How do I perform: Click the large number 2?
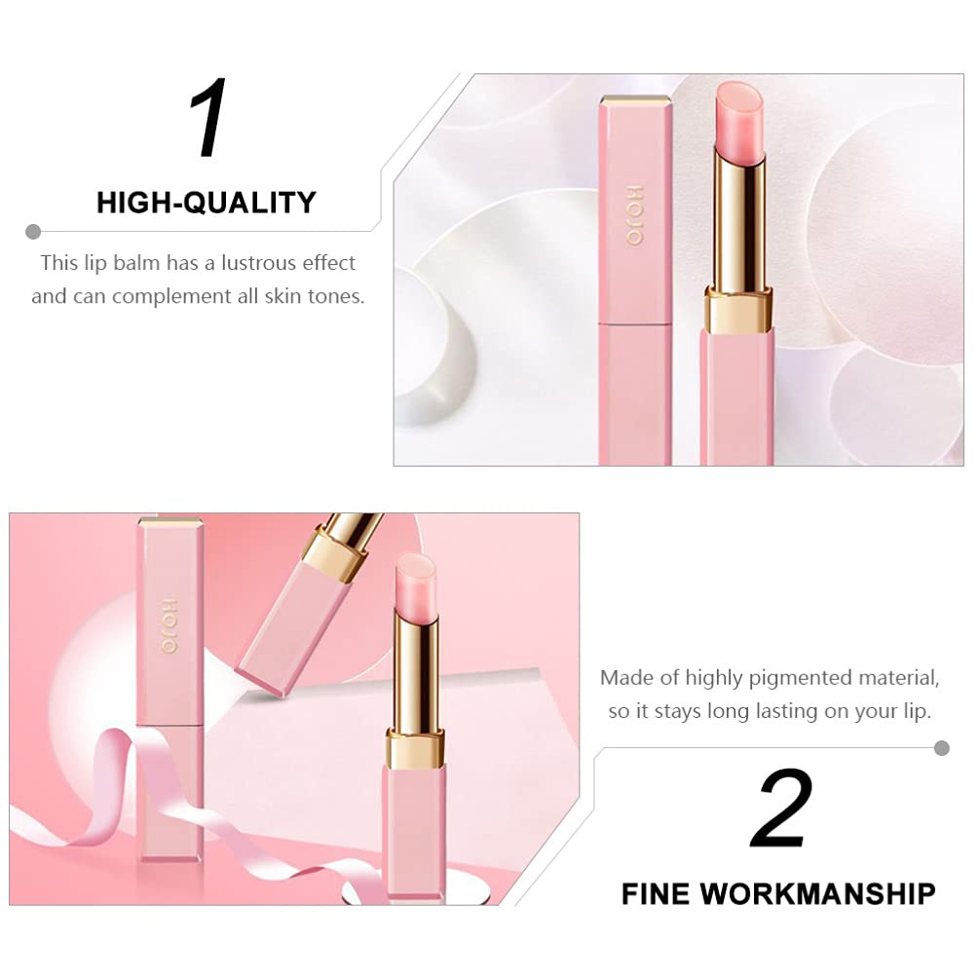point(781,808)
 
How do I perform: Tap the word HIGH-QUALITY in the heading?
point(207,203)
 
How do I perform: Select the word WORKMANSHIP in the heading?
point(817,893)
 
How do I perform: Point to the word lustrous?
point(259,262)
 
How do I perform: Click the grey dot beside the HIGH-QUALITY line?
point(33,232)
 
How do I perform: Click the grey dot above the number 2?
point(941,748)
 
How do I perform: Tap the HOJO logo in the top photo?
point(634,215)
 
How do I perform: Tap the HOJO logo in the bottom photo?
point(170,626)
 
